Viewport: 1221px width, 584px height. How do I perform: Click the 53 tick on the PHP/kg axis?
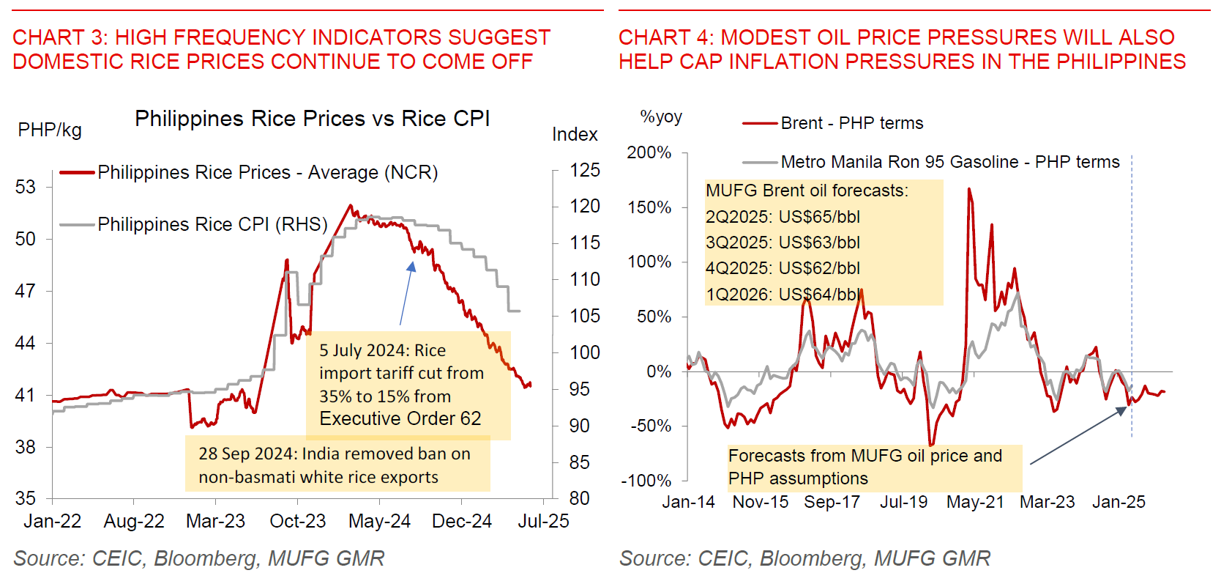click(x=26, y=187)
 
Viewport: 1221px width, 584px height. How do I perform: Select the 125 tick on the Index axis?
click(x=585, y=170)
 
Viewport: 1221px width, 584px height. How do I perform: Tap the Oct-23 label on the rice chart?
click(x=297, y=521)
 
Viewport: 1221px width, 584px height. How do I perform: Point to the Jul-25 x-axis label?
click(x=543, y=521)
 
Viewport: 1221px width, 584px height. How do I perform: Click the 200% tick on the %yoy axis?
click(x=649, y=152)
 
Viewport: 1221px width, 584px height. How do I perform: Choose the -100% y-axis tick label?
click(x=646, y=481)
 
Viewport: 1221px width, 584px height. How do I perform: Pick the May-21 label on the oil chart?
click(x=975, y=502)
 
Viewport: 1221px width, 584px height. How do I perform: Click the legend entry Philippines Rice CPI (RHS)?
click(x=212, y=224)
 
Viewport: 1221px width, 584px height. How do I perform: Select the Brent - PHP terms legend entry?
click(x=851, y=123)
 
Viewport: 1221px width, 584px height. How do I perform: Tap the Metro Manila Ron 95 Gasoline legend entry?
click(x=949, y=162)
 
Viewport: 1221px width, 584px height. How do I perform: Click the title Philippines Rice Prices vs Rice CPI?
click(x=313, y=119)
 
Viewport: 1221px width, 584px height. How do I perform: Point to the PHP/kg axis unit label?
click(x=50, y=130)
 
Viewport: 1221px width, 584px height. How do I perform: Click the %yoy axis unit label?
click(x=661, y=117)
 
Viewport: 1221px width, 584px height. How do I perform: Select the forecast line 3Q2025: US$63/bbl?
click(x=783, y=243)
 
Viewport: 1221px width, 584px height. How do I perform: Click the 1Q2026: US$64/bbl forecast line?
click(x=783, y=295)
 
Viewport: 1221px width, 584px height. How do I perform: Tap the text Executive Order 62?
click(x=400, y=418)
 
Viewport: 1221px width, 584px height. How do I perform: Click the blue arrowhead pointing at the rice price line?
click(x=412, y=267)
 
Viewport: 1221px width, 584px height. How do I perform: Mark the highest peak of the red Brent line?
click(x=969, y=189)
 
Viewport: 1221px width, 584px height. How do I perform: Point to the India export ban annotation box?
click(x=337, y=465)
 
